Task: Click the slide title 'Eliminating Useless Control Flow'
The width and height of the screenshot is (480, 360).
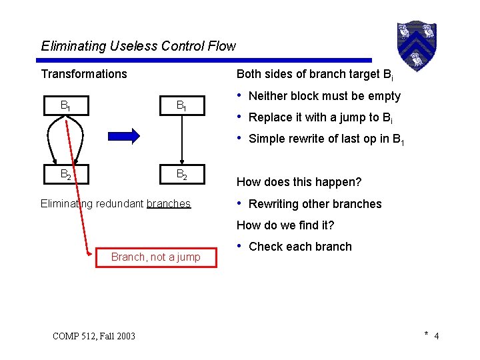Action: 138,46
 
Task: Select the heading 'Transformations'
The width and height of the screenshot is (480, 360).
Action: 84,74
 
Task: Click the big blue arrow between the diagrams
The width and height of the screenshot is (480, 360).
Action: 125,135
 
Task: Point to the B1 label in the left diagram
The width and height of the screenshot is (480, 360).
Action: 66,105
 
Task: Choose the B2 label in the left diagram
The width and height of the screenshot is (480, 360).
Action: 66,175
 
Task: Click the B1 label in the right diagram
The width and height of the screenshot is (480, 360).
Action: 181,105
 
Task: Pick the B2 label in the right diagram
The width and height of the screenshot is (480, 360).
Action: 181,175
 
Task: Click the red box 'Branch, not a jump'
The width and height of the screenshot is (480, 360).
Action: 156,257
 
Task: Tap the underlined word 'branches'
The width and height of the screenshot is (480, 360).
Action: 168,203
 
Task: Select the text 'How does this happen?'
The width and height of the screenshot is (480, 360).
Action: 299,182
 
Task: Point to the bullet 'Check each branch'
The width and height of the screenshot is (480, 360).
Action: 300,247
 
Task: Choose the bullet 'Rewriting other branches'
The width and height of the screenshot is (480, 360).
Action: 315,204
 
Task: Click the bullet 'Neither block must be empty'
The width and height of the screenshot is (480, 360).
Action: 324,96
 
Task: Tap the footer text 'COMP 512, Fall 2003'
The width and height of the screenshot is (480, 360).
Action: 93,335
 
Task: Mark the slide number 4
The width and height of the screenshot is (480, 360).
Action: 436,336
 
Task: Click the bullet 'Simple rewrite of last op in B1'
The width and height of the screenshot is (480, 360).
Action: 327,139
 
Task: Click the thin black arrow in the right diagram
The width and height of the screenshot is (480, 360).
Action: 181,140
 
